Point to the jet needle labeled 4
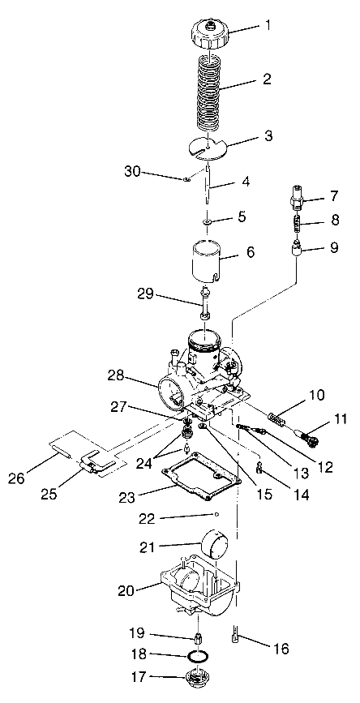(x=210, y=186)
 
